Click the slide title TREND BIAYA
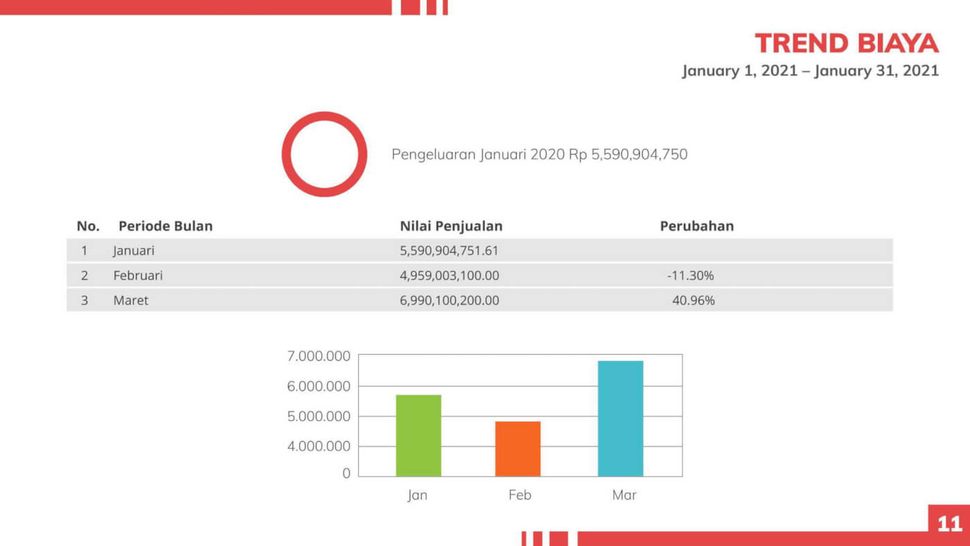click(846, 43)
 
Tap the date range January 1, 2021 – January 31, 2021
click(810, 71)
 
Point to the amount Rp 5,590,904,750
click(628, 154)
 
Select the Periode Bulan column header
click(165, 226)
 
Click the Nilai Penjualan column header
click(451, 226)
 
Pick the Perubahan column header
click(696, 226)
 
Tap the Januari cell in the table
click(134, 250)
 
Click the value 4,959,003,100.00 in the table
click(449, 275)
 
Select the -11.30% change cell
click(690, 275)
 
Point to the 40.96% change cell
click(693, 301)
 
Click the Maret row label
click(131, 301)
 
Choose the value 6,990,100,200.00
click(449, 301)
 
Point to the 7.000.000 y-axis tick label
click(318, 356)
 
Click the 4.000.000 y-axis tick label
click(318, 446)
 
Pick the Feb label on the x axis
click(520, 495)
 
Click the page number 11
click(949, 525)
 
